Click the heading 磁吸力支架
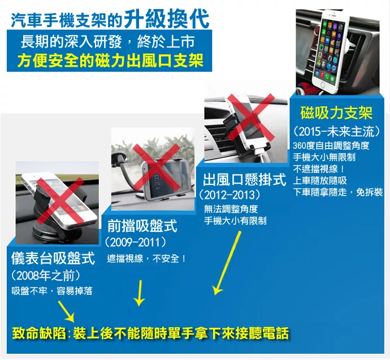pyautogui.click(x=336, y=113)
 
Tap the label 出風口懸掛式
pyautogui.click(x=245, y=180)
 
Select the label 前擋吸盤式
pyautogui.click(x=142, y=225)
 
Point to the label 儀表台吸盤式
pyautogui.click(x=53, y=258)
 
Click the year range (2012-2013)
pyautogui.click(x=230, y=195)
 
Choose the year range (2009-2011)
pyautogui.click(x=136, y=242)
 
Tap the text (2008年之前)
pyautogui.click(x=46, y=275)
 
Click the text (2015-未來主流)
pyautogui.click(x=337, y=131)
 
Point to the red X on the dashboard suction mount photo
pyautogui.click(x=60, y=201)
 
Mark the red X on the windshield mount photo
pyautogui.click(x=156, y=167)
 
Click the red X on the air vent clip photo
pyautogui.click(x=251, y=118)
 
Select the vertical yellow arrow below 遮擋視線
pyautogui.click(x=140, y=293)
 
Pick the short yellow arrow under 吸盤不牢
pyautogui.click(x=66, y=311)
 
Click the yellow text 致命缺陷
pyautogui.click(x=39, y=333)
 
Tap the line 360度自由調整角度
pyautogui.click(x=331, y=146)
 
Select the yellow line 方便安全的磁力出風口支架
pyautogui.click(x=110, y=60)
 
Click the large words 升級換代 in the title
pyautogui.click(x=167, y=19)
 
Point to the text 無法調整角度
pyautogui.click(x=231, y=209)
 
